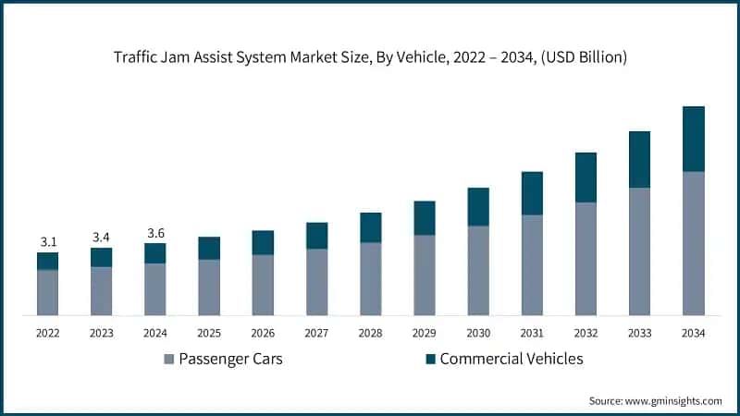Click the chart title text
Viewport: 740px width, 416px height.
(370, 57)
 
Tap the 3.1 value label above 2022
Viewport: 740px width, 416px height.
(48, 241)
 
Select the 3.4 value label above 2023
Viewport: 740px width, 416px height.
(102, 237)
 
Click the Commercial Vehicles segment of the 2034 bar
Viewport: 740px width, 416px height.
(693, 139)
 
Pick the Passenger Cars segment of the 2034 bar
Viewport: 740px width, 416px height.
(693, 243)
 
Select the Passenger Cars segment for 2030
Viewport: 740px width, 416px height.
(477, 270)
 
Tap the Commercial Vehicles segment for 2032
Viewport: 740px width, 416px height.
(586, 177)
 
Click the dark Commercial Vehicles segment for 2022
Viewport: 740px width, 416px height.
(48, 261)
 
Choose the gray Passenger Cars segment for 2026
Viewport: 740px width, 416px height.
(263, 285)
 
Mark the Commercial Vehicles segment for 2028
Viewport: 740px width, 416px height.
(370, 227)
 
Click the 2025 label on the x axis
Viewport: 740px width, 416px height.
(209, 332)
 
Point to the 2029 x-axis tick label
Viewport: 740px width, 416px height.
(424, 332)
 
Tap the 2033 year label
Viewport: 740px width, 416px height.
(639, 332)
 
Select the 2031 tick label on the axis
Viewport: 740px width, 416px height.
(532, 332)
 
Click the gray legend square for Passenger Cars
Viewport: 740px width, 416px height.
(169, 359)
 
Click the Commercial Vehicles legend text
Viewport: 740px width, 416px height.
(512, 359)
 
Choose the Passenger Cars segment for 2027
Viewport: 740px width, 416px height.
(316, 282)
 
